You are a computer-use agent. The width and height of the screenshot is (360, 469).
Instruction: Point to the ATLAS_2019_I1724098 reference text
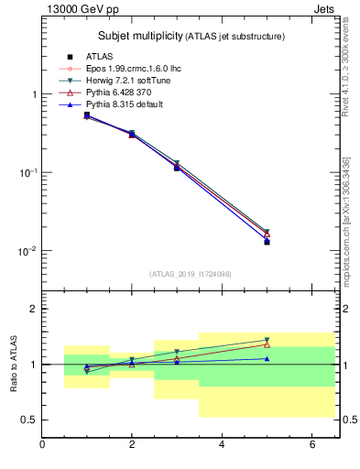tap(190, 274)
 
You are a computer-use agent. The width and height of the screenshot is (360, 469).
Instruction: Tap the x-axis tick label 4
tap(222, 445)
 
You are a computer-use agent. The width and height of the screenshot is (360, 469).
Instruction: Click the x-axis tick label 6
tap(311, 445)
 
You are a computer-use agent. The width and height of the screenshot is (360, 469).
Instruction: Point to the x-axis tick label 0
tap(42, 445)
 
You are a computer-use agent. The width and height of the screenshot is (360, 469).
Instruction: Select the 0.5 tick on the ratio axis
tap(30, 420)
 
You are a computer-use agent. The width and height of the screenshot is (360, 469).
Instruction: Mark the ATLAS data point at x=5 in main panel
tap(267, 242)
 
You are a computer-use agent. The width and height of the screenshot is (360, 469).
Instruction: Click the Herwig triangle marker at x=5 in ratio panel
tap(267, 340)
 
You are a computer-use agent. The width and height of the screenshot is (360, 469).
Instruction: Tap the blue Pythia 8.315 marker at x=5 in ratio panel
tap(267, 358)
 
